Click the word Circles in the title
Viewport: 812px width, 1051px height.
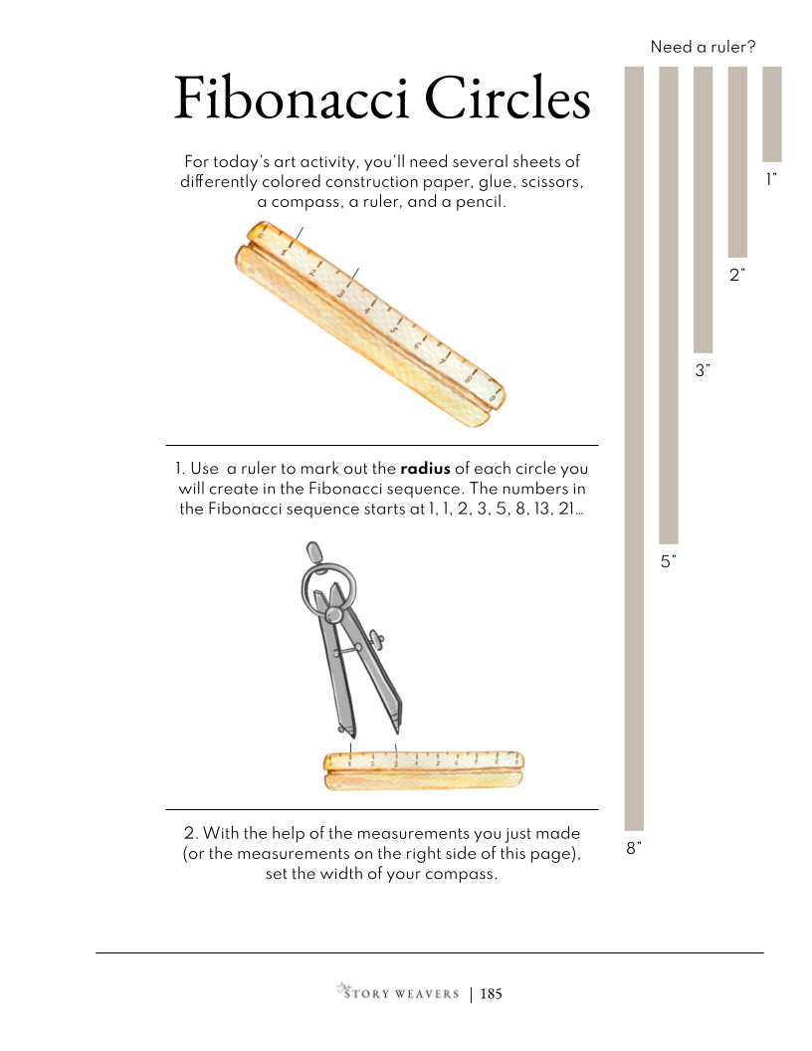(x=507, y=99)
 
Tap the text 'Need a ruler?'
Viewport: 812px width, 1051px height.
(x=703, y=47)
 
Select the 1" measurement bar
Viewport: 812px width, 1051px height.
(x=772, y=113)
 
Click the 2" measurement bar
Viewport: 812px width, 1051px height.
(x=737, y=161)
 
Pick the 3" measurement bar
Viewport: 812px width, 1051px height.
(x=703, y=209)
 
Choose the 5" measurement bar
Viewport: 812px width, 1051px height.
(x=669, y=305)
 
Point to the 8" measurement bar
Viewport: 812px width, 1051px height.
(x=635, y=449)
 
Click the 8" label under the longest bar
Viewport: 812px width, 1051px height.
(x=634, y=849)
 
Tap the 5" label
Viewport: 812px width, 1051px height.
(x=669, y=561)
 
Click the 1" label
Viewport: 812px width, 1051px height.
(x=772, y=179)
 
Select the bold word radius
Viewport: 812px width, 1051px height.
(x=426, y=469)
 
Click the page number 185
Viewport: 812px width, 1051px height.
(x=492, y=994)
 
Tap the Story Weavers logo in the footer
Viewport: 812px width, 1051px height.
(x=399, y=992)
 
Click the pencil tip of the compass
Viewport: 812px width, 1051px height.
(x=395, y=730)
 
